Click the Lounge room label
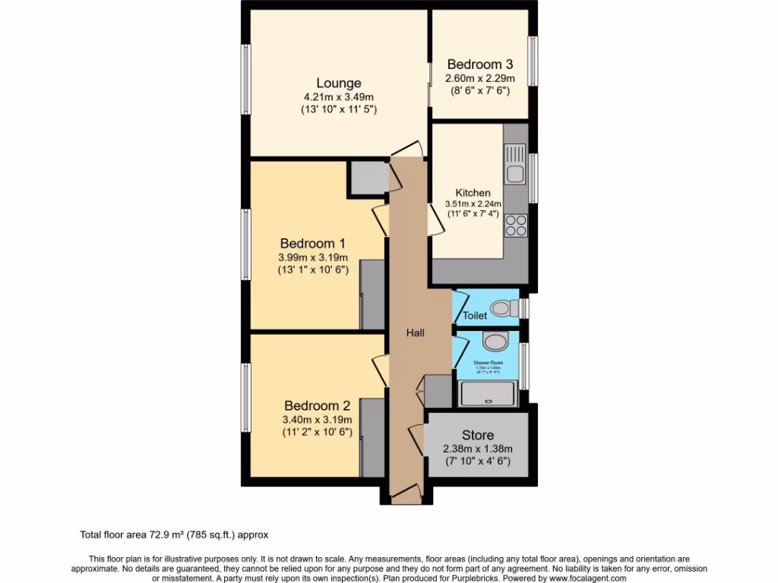click(x=339, y=83)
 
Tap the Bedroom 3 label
click(x=480, y=65)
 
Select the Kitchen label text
click(x=473, y=193)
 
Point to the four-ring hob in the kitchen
click(x=516, y=225)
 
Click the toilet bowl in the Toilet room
click(x=502, y=308)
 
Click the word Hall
click(x=415, y=332)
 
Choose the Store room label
click(x=478, y=435)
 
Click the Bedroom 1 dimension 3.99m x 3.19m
click(x=314, y=257)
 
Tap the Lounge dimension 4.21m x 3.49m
click(x=339, y=97)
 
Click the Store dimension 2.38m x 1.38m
click(x=478, y=448)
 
